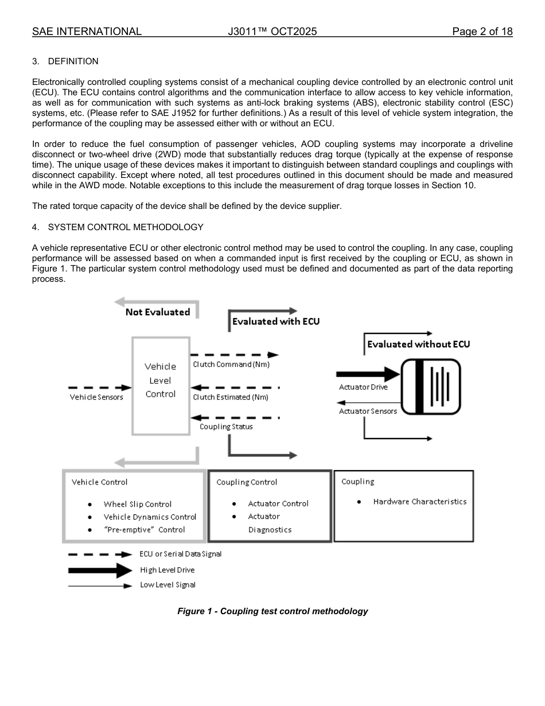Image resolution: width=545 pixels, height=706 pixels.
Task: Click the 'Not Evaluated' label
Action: tap(158, 312)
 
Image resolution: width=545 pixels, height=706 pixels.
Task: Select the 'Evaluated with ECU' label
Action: tap(275, 321)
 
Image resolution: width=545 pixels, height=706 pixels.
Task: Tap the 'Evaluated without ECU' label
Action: tap(418, 344)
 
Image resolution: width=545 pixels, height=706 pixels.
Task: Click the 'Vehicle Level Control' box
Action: tap(161, 380)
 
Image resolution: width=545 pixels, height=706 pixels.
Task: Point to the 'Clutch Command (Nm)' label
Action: tap(231, 364)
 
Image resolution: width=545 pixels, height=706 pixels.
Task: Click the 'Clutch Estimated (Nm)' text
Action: tap(231, 397)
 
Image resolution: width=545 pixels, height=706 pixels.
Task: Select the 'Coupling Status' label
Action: tap(226, 426)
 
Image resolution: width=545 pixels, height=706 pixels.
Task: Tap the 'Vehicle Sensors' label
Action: tap(96, 397)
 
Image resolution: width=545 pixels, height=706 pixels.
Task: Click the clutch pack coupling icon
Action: tap(431, 386)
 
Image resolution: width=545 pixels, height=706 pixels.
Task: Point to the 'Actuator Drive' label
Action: tap(363, 387)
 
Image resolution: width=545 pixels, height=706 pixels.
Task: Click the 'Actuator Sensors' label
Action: tap(368, 411)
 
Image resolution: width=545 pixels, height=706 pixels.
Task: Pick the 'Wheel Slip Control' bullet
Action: tap(138, 504)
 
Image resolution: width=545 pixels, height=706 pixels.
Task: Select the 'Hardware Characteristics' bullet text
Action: tap(419, 502)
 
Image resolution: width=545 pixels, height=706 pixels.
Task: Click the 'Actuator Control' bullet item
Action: tap(278, 503)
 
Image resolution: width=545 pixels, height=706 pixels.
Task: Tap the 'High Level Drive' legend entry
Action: tap(167, 570)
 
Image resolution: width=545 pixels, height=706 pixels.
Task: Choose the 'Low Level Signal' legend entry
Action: tap(168, 585)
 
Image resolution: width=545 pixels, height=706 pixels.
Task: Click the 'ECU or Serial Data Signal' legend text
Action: tap(180, 554)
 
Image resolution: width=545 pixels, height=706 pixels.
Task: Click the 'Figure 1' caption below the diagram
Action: tap(272, 611)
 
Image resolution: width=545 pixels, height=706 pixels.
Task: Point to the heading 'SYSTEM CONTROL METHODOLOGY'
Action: tap(126, 227)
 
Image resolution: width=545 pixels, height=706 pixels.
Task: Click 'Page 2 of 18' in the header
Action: tap(482, 32)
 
